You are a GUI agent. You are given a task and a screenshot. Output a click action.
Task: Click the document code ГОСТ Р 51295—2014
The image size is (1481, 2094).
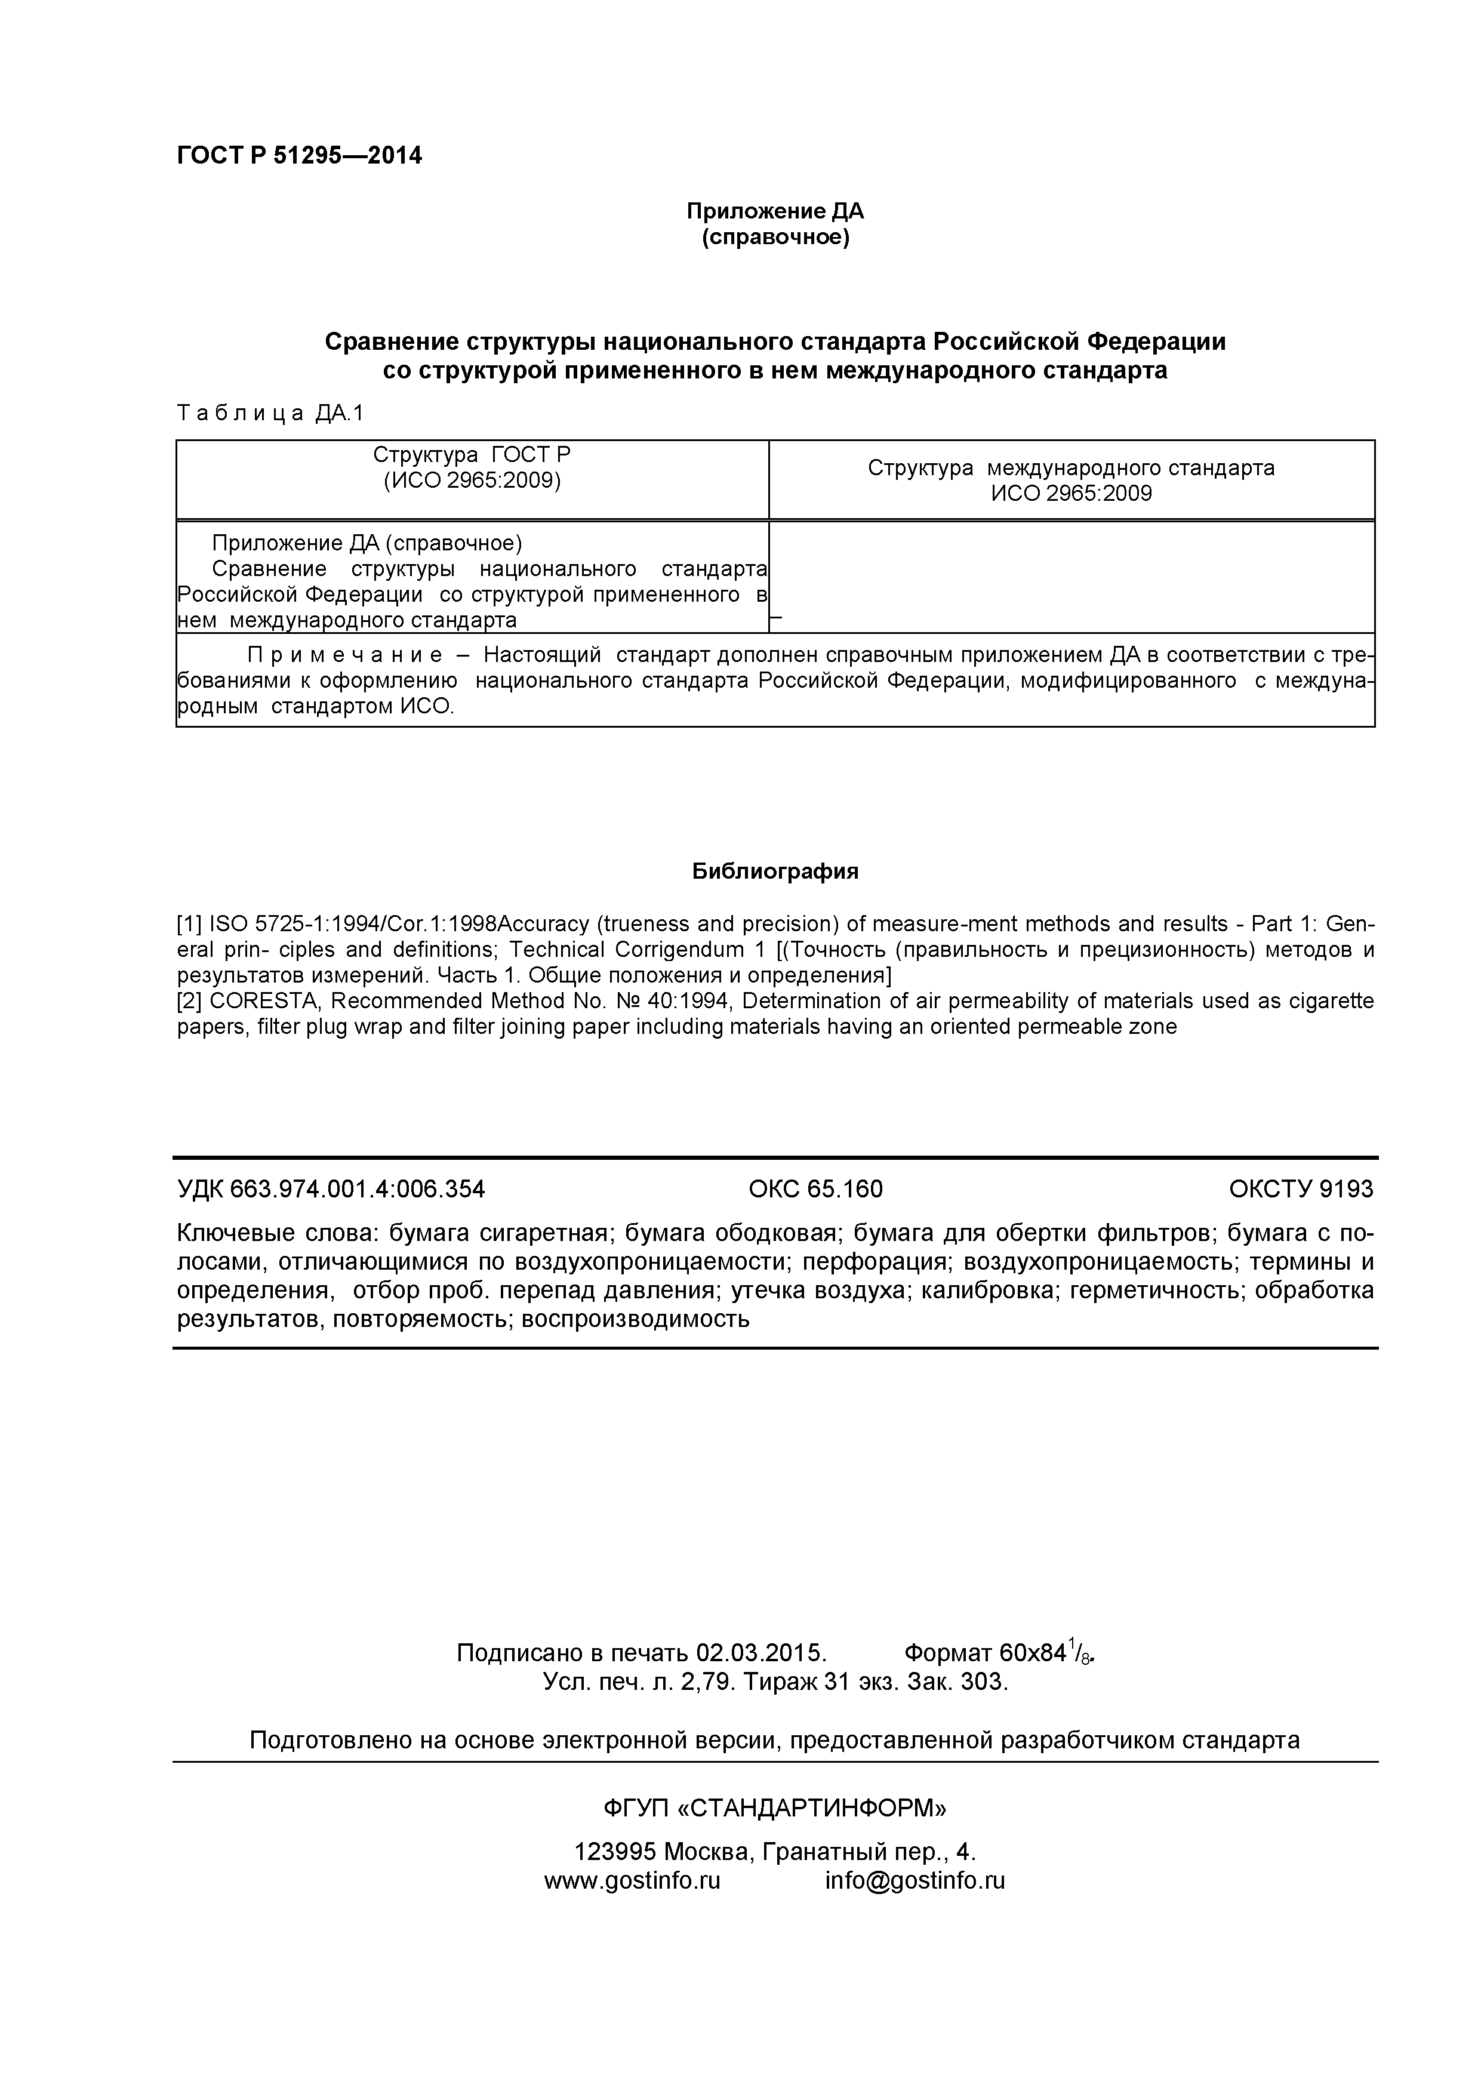(299, 156)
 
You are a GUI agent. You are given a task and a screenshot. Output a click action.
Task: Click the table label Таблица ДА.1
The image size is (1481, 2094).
(270, 413)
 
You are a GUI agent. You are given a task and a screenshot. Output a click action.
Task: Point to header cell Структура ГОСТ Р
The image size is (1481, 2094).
(472, 454)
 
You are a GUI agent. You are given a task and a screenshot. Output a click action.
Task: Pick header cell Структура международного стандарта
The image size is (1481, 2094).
(1071, 468)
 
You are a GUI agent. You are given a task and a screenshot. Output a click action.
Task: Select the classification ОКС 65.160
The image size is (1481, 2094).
(815, 1189)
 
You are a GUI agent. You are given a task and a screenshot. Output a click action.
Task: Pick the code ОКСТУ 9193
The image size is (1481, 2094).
(1301, 1189)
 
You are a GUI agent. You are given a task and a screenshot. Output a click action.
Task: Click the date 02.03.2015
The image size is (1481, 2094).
(760, 1653)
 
